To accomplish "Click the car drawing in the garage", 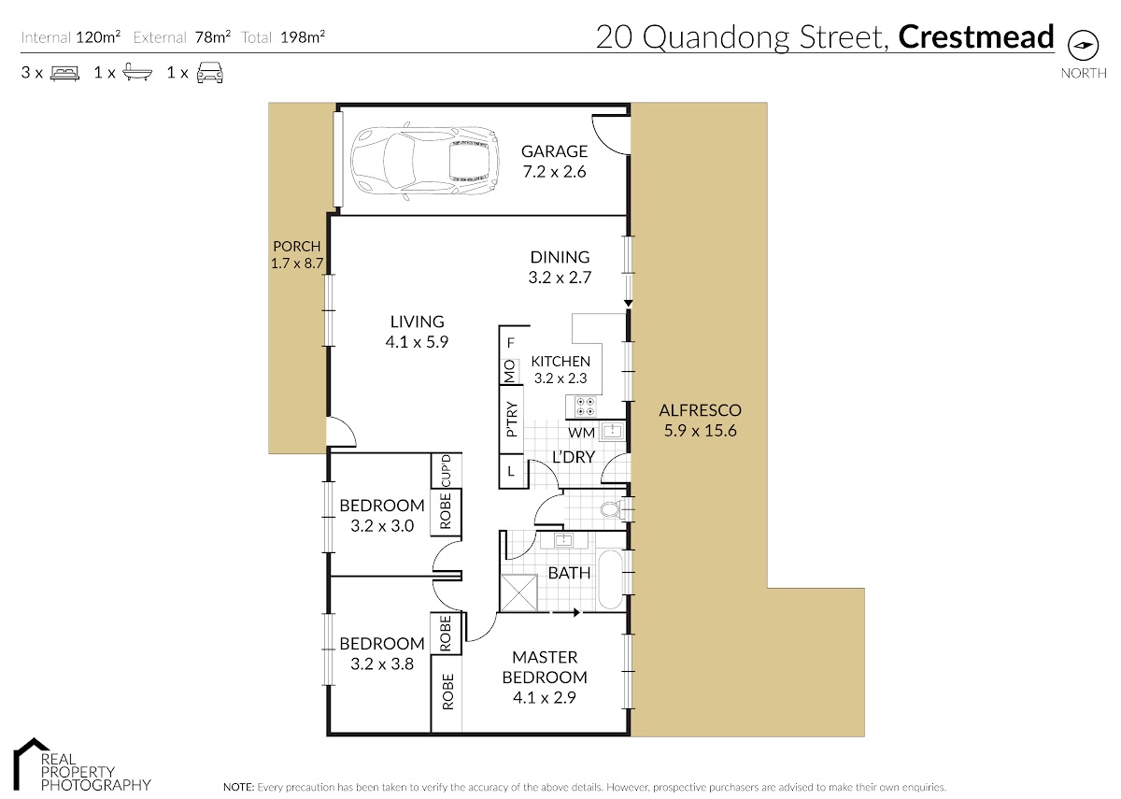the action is pos(425,161).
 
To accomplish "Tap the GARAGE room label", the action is pos(554,151).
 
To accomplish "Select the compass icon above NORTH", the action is pos(1084,45).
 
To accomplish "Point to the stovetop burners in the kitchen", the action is pos(585,407).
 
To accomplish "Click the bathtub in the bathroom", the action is pos(610,579).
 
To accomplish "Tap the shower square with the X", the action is pos(519,592).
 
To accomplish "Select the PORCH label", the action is pos(297,247).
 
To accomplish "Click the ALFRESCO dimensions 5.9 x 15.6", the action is pos(700,431).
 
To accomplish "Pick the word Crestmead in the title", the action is pos(976,37).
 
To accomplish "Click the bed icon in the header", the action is pos(65,73).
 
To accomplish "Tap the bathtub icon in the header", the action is pos(137,73).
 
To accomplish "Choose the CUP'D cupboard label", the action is pos(446,471).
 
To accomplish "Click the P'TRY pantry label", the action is pos(511,419).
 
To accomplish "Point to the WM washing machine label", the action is pos(581,433).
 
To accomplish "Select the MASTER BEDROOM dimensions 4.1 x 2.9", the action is pos(545,697).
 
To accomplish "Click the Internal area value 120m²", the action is pos(98,37).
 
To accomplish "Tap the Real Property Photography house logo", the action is pos(31,763).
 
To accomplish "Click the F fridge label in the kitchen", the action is pos(510,343).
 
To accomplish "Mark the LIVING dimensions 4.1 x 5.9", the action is pos(417,342).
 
